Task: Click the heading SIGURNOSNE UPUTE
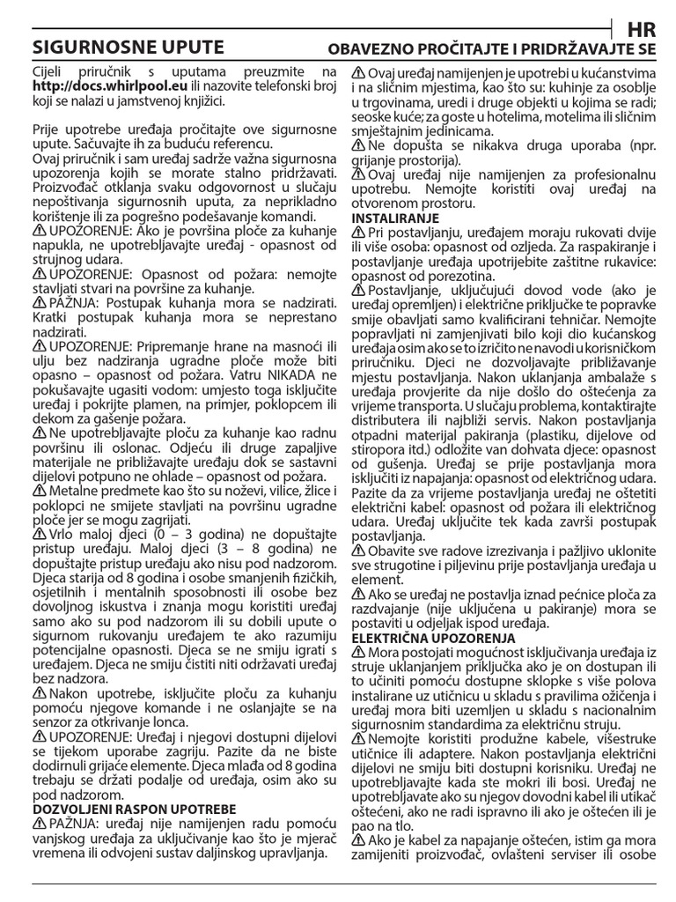128,48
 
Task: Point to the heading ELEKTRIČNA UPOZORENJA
433,637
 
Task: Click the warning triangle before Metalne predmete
39,492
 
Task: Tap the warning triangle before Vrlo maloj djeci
39,534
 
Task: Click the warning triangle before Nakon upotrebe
39,694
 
